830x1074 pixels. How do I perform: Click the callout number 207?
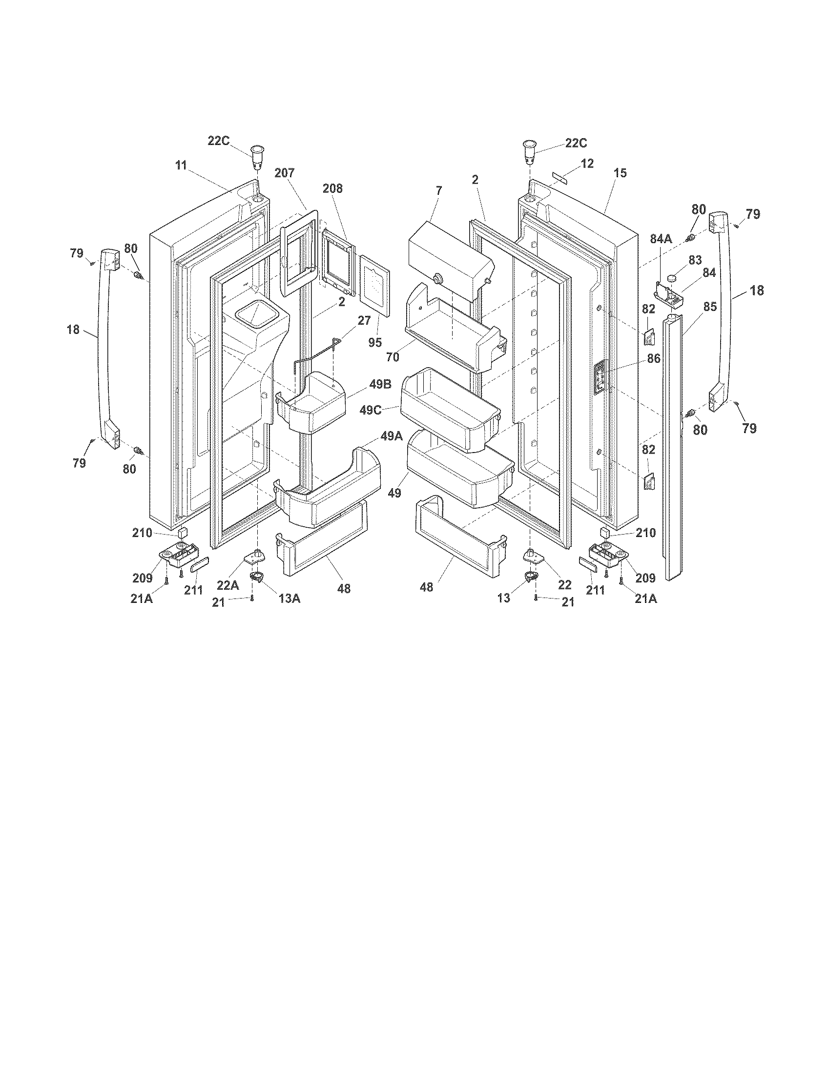pos(284,173)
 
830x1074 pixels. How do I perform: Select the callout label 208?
pos(332,188)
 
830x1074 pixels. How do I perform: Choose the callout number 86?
pos(653,359)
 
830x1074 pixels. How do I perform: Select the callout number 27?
pos(364,321)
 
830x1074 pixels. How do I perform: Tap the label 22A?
pos(228,586)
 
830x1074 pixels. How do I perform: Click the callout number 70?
pos(393,357)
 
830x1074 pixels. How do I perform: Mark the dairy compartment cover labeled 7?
pos(450,258)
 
